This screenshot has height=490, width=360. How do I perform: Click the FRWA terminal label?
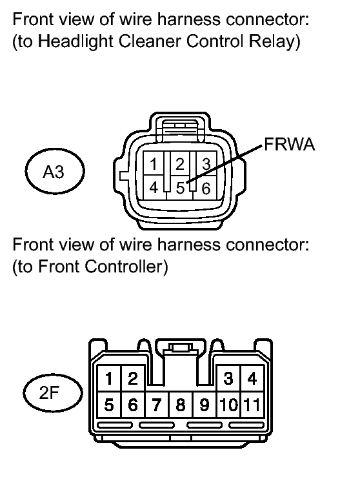click(x=290, y=145)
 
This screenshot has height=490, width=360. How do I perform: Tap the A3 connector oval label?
click(x=55, y=171)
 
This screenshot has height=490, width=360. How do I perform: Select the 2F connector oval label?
click(x=53, y=393)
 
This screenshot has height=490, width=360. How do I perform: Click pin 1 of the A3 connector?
click(x=154, y=163)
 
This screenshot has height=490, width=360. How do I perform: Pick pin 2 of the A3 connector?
click(x=180, y=163)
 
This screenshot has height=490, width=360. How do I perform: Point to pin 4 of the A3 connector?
click(x=154, y=187)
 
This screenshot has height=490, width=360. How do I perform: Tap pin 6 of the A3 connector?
click(x=206, y=188)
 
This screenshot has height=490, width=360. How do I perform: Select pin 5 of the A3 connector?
click(x=180, y=188)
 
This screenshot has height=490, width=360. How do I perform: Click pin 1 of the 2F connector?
click(x=109, y=378)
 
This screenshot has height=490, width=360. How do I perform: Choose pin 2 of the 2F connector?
click(x=133, y=378)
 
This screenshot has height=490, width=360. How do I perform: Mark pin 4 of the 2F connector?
click(x=252, y=378)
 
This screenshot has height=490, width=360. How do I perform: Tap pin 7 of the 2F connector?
click(x=157, y=405)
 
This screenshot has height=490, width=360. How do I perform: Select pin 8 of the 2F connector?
click(x=181, y=405)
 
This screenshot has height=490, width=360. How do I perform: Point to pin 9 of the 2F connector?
click(x=205, y=405)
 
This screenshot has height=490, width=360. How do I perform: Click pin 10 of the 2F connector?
click(x=228, y=405)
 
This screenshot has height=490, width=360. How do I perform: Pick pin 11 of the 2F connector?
click(x=252, y=405)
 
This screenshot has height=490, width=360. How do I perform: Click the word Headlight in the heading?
click(x=75, y=42)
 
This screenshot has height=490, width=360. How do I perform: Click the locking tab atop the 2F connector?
click(x=181, y=347)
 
